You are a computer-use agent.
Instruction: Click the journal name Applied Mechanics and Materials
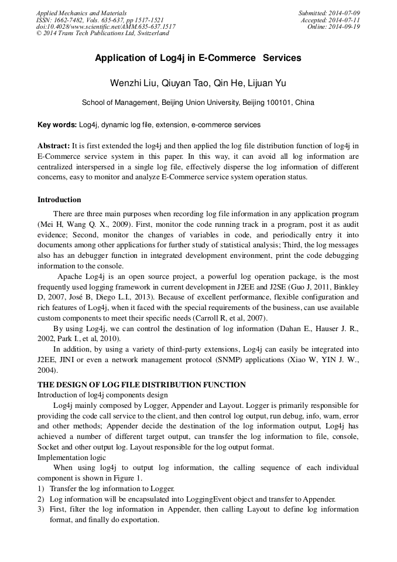click(x=81, y=13)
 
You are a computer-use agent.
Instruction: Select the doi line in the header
click(x=105, y=27)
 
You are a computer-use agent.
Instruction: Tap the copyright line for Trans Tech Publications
click(x=102, y=33)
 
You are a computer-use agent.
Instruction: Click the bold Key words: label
click(x=57, y=125)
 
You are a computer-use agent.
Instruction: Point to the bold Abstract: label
click(x=53, y=145)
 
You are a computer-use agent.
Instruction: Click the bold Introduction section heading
click(x=59, y=200)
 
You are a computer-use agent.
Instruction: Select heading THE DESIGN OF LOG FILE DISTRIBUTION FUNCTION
click(x=142, y=385)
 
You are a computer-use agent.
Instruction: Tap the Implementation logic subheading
click(x=71, y=458)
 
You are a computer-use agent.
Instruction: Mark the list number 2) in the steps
click(x=41, y=499)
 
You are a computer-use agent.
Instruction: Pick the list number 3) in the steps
click(x=41, y=510)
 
